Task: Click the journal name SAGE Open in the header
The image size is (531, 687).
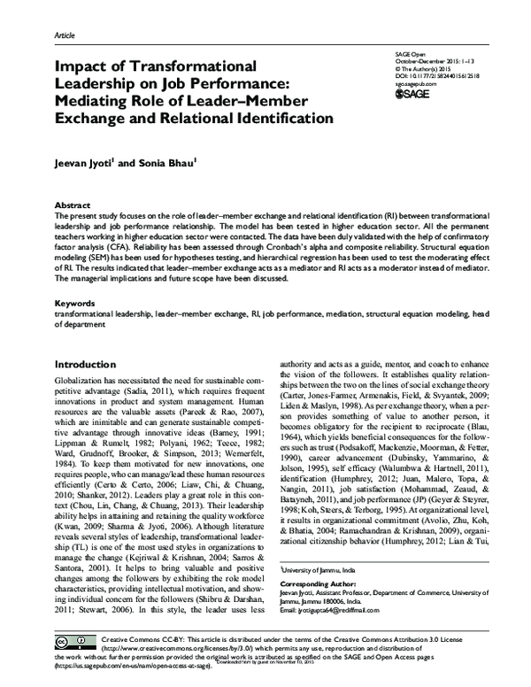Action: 404,53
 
